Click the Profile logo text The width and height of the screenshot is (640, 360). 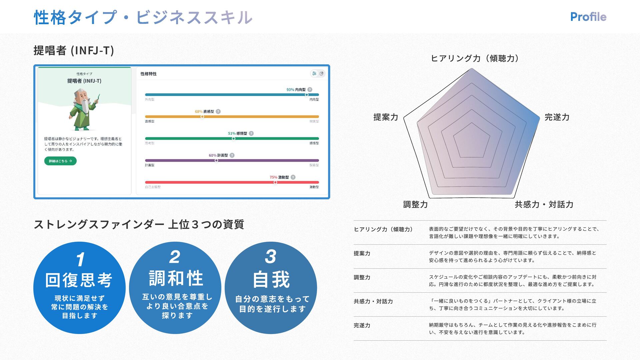coord(588,17)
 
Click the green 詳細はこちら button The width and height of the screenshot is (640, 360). coord(60,161)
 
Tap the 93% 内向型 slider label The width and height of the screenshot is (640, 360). coord(296,90)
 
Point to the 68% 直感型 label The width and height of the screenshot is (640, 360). coord(204,112)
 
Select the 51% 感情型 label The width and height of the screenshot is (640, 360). coord(237,133)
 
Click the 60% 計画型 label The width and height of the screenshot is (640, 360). coord(218,155)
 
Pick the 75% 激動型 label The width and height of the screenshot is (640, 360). coord(279,177)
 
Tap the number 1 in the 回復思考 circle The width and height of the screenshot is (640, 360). coord(80,259)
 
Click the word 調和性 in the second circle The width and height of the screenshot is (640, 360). coord(176,279)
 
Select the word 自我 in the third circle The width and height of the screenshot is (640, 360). coord(271,279)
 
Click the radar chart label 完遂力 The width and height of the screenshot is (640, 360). coord(557,117)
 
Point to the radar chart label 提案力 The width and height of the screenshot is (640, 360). coord(386,117)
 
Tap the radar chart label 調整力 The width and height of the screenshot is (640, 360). coord(415,204)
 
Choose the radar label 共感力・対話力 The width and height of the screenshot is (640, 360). coord(544,204)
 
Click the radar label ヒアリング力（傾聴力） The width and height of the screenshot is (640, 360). coord(475,59)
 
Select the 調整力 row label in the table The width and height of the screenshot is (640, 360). coord(362,277)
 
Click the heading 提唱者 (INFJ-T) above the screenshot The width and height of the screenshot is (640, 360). coord(74,51)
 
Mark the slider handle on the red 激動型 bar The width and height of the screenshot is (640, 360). coord(275,182)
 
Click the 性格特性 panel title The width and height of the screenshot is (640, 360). coord(148,74)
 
